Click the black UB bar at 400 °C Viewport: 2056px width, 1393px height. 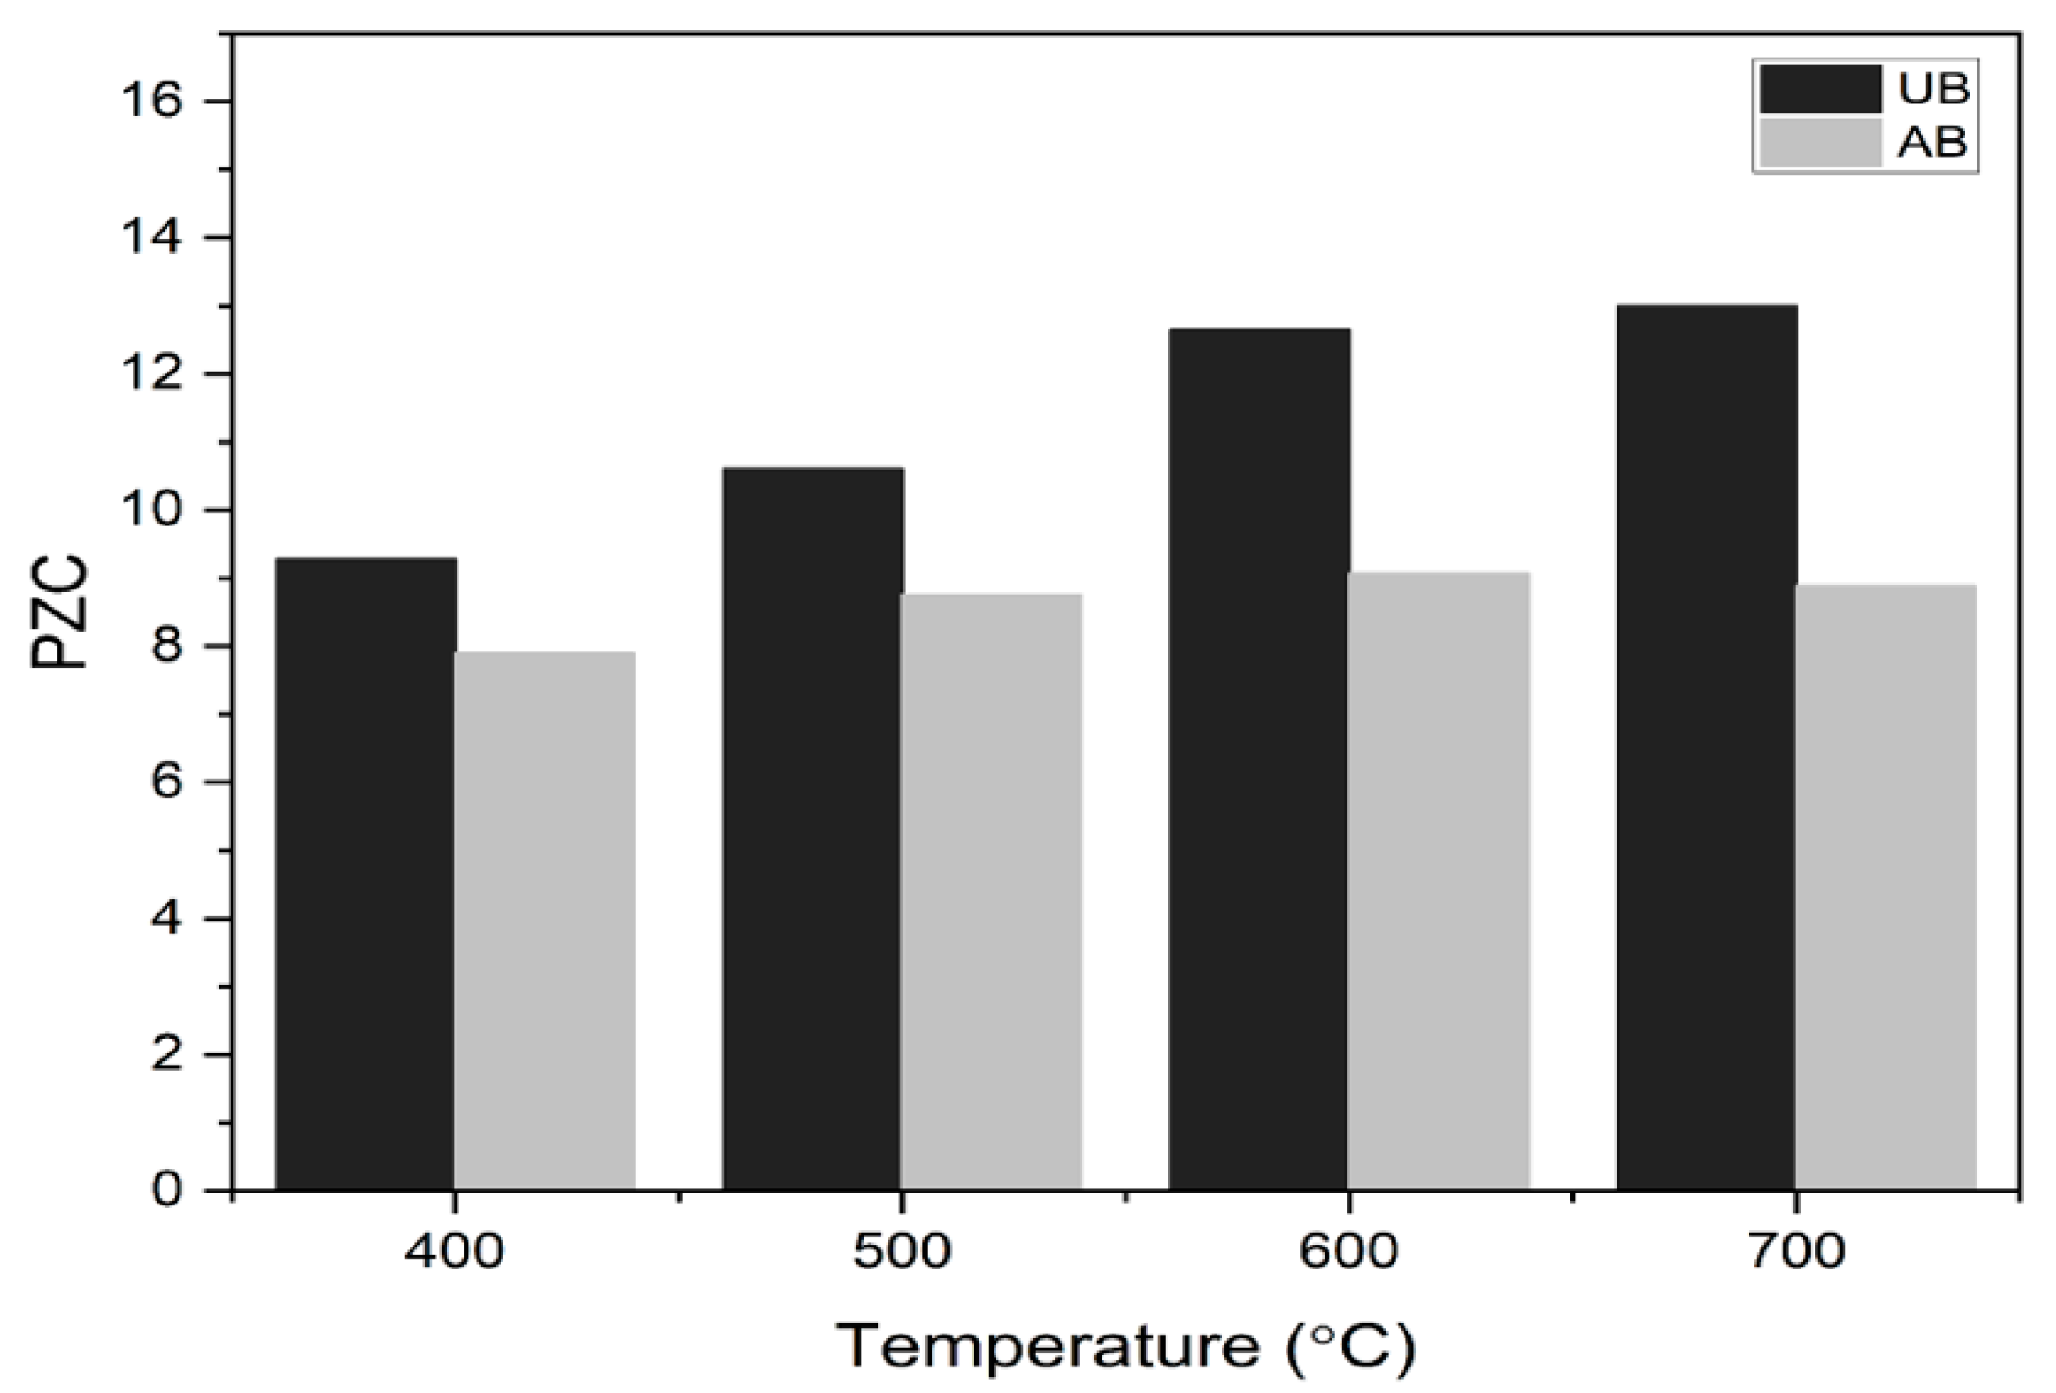(366, 874)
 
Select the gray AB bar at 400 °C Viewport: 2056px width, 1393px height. (545, 921)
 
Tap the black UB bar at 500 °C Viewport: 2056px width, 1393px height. (813, 829)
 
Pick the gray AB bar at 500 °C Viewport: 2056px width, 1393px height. (992, 892)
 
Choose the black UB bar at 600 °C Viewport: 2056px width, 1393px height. (1259, 760)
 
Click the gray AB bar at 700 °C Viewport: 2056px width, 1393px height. (1886, 888)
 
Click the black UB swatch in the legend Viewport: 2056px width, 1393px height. (1820, 89)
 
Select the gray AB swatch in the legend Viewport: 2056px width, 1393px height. (1820, 144)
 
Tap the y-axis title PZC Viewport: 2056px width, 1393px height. (60, 613)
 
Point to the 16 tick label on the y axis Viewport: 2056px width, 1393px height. (152, 101)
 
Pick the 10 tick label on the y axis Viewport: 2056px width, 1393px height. (152, 510)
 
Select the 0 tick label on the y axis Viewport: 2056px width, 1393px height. (167, 1191)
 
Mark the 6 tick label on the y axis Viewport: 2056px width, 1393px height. (167, 783)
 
